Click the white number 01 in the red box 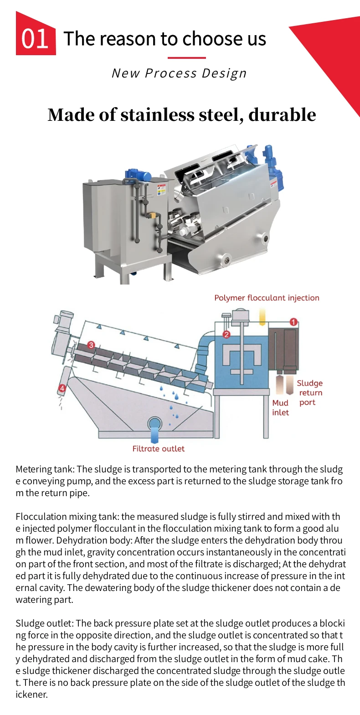[35, 39]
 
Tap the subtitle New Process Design [179, 73]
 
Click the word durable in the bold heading [282, 114]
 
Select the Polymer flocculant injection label [267, 298]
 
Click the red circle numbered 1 [294, 322]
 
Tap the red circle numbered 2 [226, 334]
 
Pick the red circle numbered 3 [91, 346]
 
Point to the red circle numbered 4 [62, 389]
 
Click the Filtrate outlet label [159, 449]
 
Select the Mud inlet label [281, 408]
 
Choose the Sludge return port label [310, 393]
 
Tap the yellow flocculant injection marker [262, 316]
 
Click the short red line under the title [187, 58]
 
